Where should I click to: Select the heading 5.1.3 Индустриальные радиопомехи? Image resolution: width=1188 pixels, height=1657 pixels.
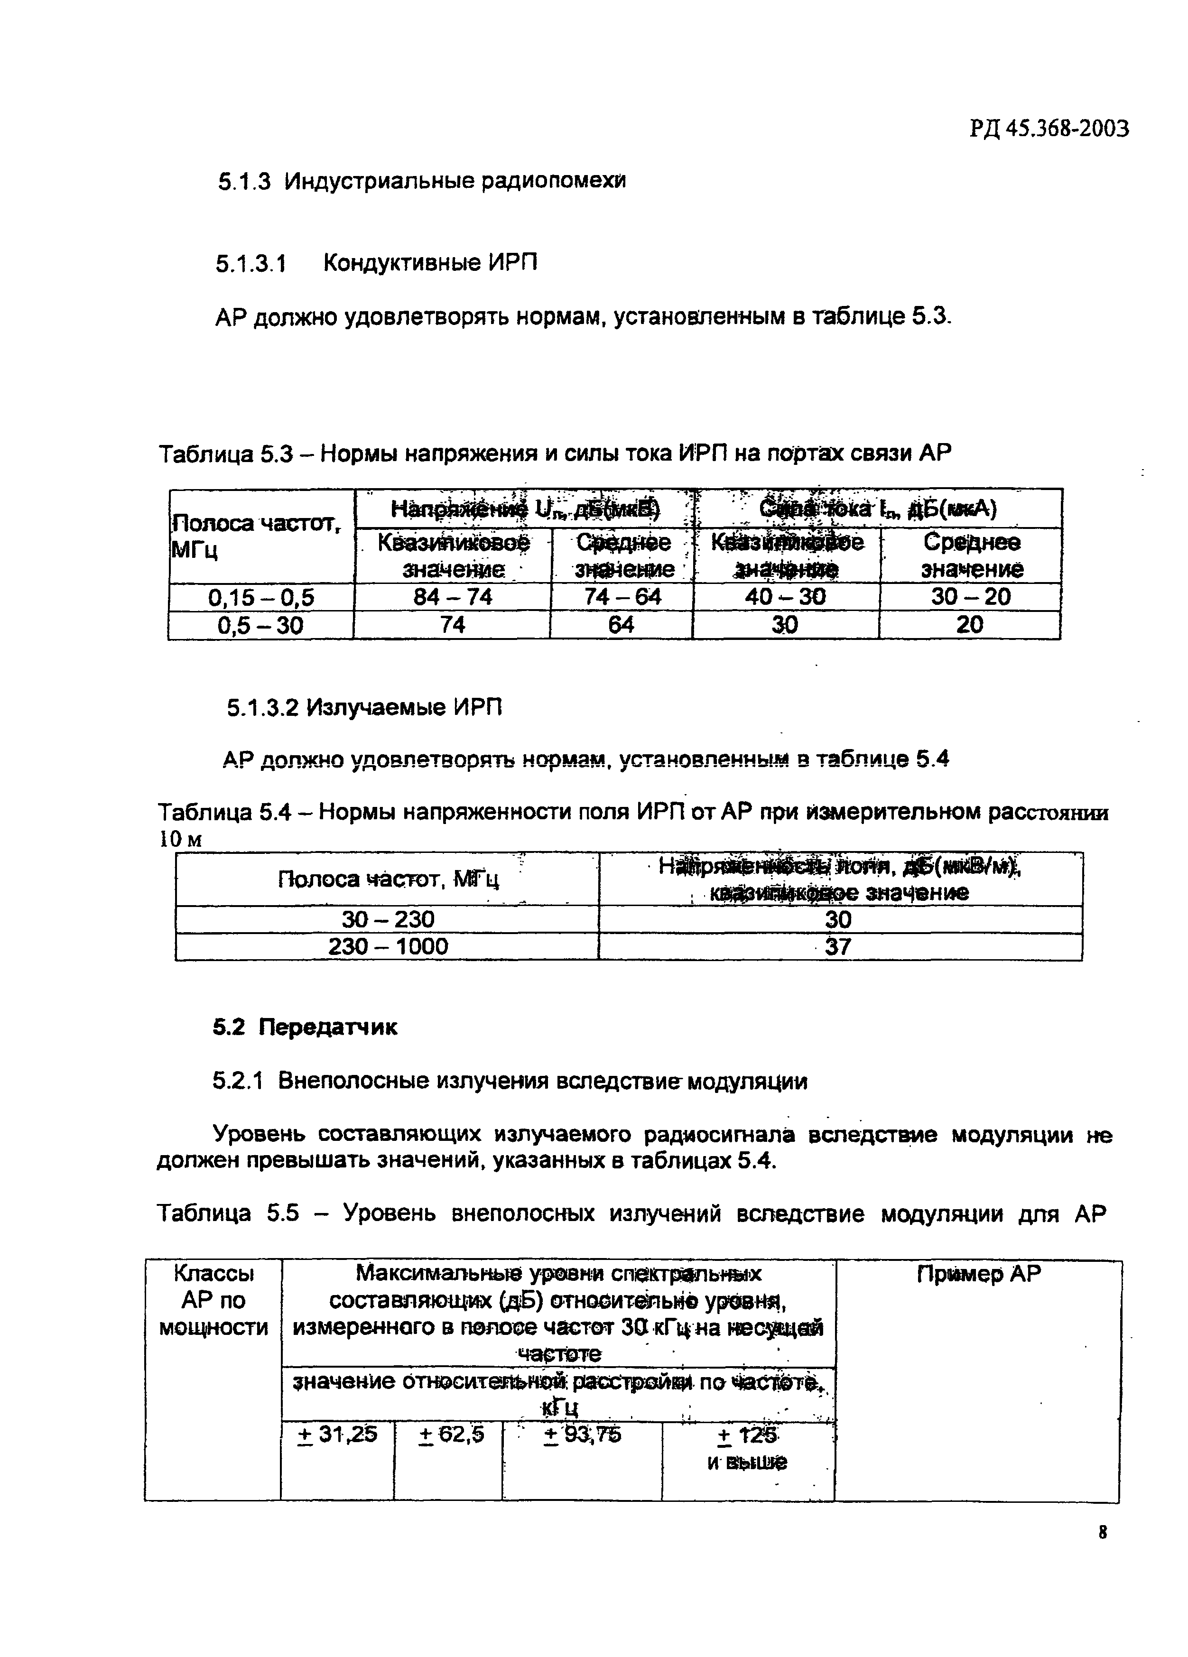pyautogui.click(x=422, y=180)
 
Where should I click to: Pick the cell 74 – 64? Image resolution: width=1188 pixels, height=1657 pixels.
pyautogui.click(x=622, y=597)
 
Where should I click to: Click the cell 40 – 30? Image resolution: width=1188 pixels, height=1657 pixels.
pyautogui.click(x=785, y=597)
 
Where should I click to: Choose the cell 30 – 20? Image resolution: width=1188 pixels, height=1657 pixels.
pyautogui.click(x=970, y=597)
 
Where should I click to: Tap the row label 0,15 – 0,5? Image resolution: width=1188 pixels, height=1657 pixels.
pyautogui.click(x=261, y=598)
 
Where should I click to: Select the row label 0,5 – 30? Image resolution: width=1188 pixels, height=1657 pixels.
pyautogui.click(x=261, y=625)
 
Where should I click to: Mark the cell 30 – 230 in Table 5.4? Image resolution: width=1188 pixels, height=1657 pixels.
pyautogui.click(x=388, y=918)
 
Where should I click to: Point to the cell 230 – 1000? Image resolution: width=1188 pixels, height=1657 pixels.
pyautogui.click(x=388, y=946)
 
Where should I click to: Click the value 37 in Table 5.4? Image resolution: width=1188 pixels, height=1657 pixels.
pyautogui.click(x=838, y=947)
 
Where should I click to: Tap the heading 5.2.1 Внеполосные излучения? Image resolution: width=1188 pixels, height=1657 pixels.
pyautogui.click(x=509, y=1081)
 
